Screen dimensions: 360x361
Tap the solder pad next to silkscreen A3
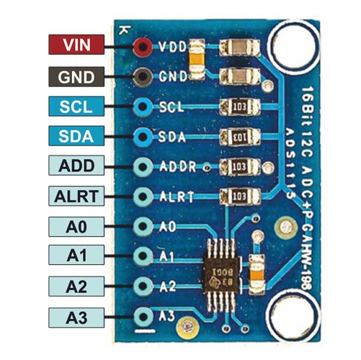pyautogui.click(x=143, y=315)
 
